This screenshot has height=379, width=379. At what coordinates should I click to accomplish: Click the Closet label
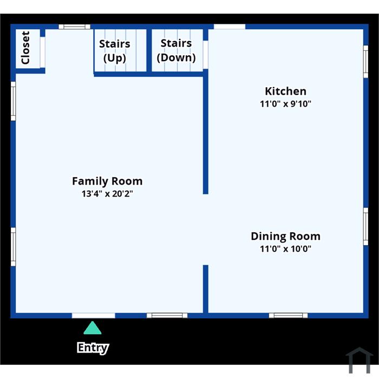[25, 48]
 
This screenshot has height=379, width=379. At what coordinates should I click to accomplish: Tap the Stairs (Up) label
[115, 51]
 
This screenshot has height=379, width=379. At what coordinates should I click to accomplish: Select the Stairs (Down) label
[176, 50]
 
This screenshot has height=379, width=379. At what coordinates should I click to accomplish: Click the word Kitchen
[285, 91]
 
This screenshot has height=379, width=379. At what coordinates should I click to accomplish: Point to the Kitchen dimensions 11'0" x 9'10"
[285, 104]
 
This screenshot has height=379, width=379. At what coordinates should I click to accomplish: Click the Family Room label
[107, 181]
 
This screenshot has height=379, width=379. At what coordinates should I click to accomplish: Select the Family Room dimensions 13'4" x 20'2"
[107, 194]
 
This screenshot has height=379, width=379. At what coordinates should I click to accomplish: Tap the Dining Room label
[286, 236]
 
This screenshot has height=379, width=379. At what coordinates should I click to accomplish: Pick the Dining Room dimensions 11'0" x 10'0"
[285, 249]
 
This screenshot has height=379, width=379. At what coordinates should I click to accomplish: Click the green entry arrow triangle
[93, 328]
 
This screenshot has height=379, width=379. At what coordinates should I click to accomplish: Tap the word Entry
[93, 348]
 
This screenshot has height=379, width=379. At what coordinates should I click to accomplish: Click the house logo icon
[360, 360]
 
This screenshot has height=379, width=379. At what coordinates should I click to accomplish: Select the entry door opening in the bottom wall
[94, 316]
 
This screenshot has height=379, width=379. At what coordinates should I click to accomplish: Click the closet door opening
[43, 52]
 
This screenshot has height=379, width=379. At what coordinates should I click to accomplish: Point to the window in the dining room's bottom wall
[288, 316]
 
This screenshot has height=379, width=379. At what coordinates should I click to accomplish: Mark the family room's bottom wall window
[167, 316]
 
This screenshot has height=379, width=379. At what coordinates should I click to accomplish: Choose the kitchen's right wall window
[366, 62]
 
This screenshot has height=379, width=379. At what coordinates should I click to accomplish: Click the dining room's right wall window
[366, 226]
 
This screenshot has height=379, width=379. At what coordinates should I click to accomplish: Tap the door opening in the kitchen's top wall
[230, 27]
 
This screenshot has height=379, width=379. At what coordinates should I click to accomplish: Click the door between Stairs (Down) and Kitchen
[205, 55]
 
